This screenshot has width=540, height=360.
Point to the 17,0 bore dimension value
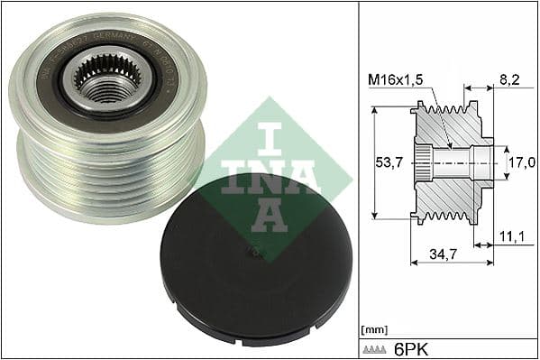point(517,163)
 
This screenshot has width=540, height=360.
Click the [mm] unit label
point(372,330)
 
